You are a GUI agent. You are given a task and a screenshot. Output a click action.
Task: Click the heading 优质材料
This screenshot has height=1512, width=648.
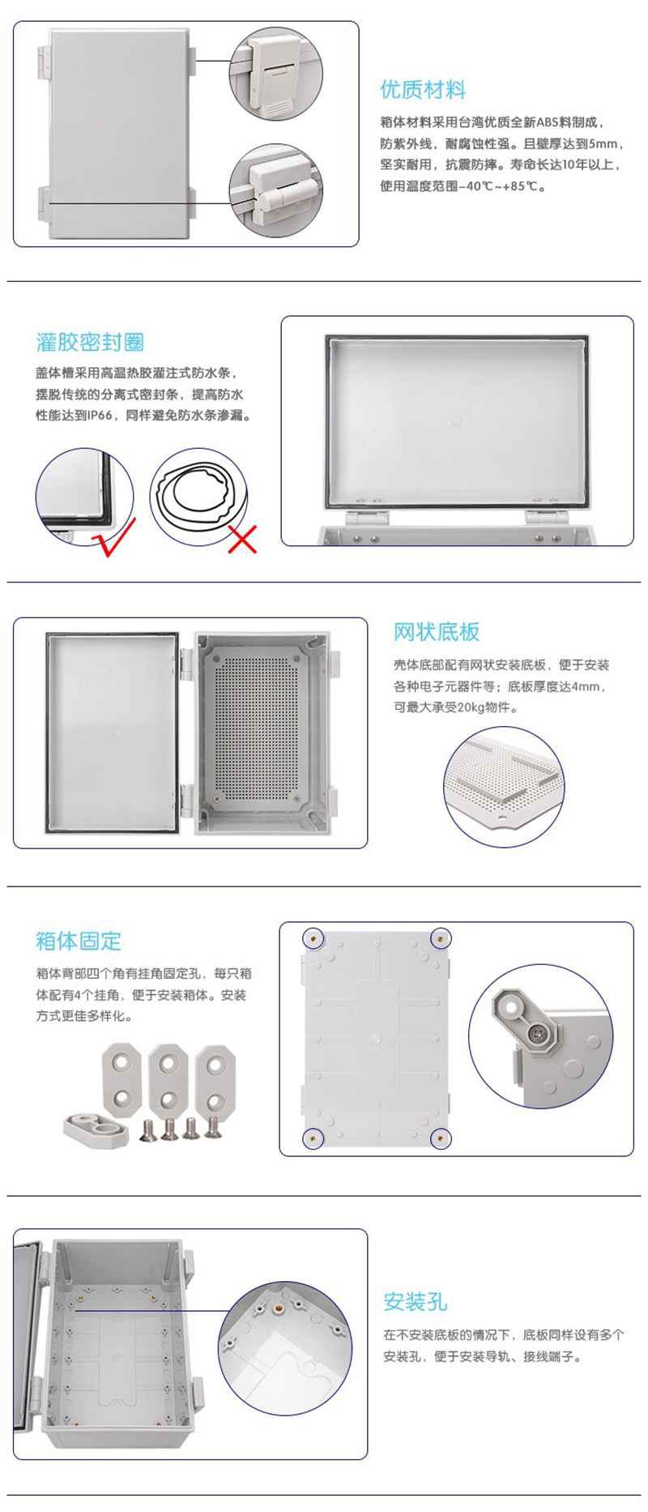(423, 90)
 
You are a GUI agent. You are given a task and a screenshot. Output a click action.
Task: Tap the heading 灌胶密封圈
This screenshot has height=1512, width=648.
(90, 342)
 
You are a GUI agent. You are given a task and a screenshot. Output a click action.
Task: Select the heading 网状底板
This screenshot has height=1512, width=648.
(437, 632)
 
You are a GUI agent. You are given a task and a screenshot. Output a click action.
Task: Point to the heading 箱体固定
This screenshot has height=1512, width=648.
(79, 941)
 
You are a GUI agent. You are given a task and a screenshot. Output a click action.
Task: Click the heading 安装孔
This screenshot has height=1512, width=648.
(416, 1302)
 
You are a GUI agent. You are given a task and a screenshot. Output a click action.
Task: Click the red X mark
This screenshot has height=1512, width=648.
(242, 539)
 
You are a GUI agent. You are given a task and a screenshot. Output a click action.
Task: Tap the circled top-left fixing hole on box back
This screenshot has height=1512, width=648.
(313, 938)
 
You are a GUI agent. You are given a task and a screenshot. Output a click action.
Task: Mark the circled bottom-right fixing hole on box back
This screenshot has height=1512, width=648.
(440, 1138)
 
